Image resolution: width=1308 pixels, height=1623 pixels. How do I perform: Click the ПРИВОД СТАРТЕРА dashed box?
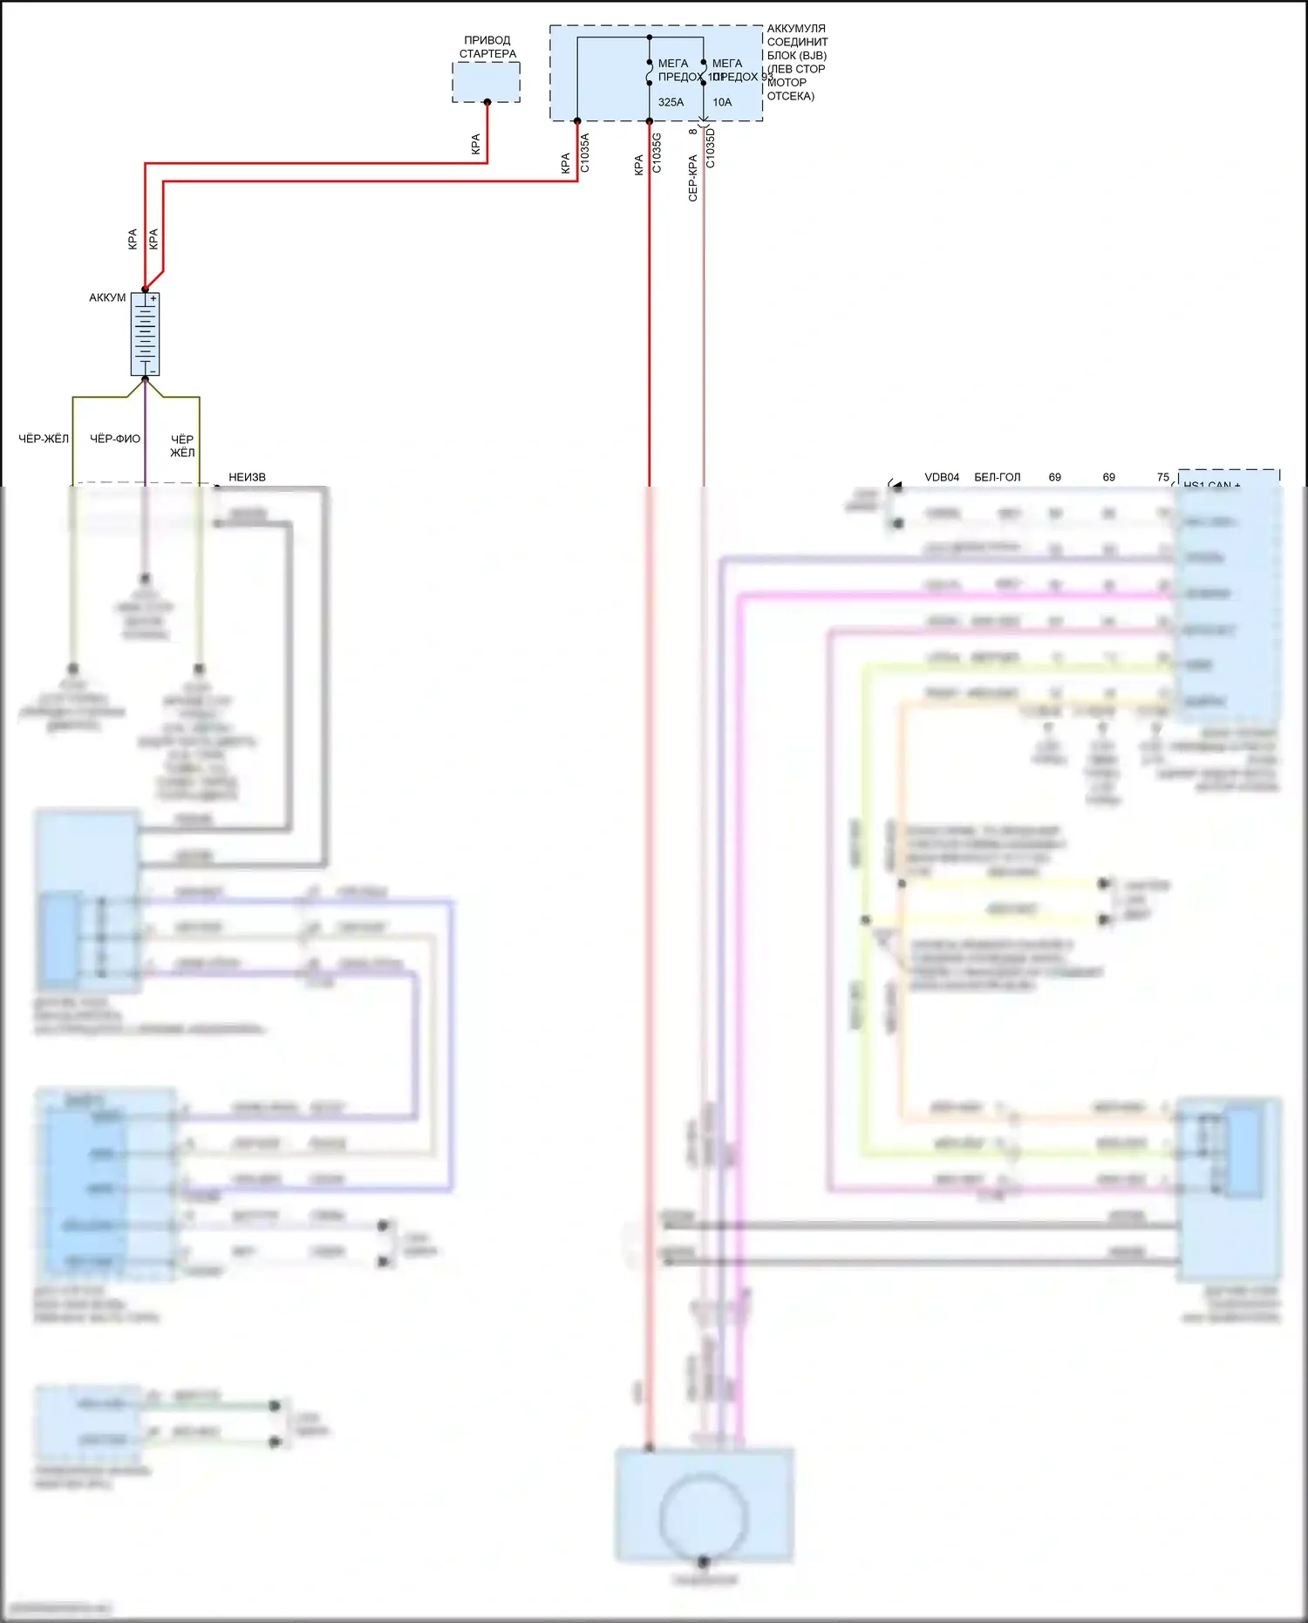(486, 81)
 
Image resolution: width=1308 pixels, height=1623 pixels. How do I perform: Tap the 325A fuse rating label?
(671, 102)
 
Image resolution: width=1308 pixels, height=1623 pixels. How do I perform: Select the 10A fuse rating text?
(722, 102)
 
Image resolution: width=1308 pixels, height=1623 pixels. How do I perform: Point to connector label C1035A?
(585, 152)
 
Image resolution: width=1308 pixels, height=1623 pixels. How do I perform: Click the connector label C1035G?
(657, 152)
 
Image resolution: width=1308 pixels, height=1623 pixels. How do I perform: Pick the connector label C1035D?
(711, 148)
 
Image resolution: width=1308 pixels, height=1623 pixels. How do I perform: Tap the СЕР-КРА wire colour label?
(692, 178)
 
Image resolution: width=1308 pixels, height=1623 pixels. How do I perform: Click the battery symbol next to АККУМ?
(145, 334)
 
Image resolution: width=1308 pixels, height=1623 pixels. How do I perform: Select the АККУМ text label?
(107, 297)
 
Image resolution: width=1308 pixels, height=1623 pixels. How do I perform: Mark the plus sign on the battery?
(153, 298)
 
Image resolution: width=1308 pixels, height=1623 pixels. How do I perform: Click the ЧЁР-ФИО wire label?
(115, 439)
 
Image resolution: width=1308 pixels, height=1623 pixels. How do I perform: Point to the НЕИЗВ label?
(247, 477)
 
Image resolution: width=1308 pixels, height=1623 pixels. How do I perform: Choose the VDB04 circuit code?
(942, 477)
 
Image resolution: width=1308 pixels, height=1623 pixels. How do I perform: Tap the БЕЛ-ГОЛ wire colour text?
(997, 477)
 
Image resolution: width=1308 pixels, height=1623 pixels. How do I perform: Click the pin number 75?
(1162, 477)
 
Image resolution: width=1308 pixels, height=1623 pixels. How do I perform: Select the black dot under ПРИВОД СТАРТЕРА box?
(487, 102)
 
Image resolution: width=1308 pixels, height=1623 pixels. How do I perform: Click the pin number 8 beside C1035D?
(692, 132)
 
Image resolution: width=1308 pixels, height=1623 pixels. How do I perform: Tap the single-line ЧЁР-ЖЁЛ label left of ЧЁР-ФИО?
(44, 439)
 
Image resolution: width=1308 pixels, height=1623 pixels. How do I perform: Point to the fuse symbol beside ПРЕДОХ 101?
(650, 73)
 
